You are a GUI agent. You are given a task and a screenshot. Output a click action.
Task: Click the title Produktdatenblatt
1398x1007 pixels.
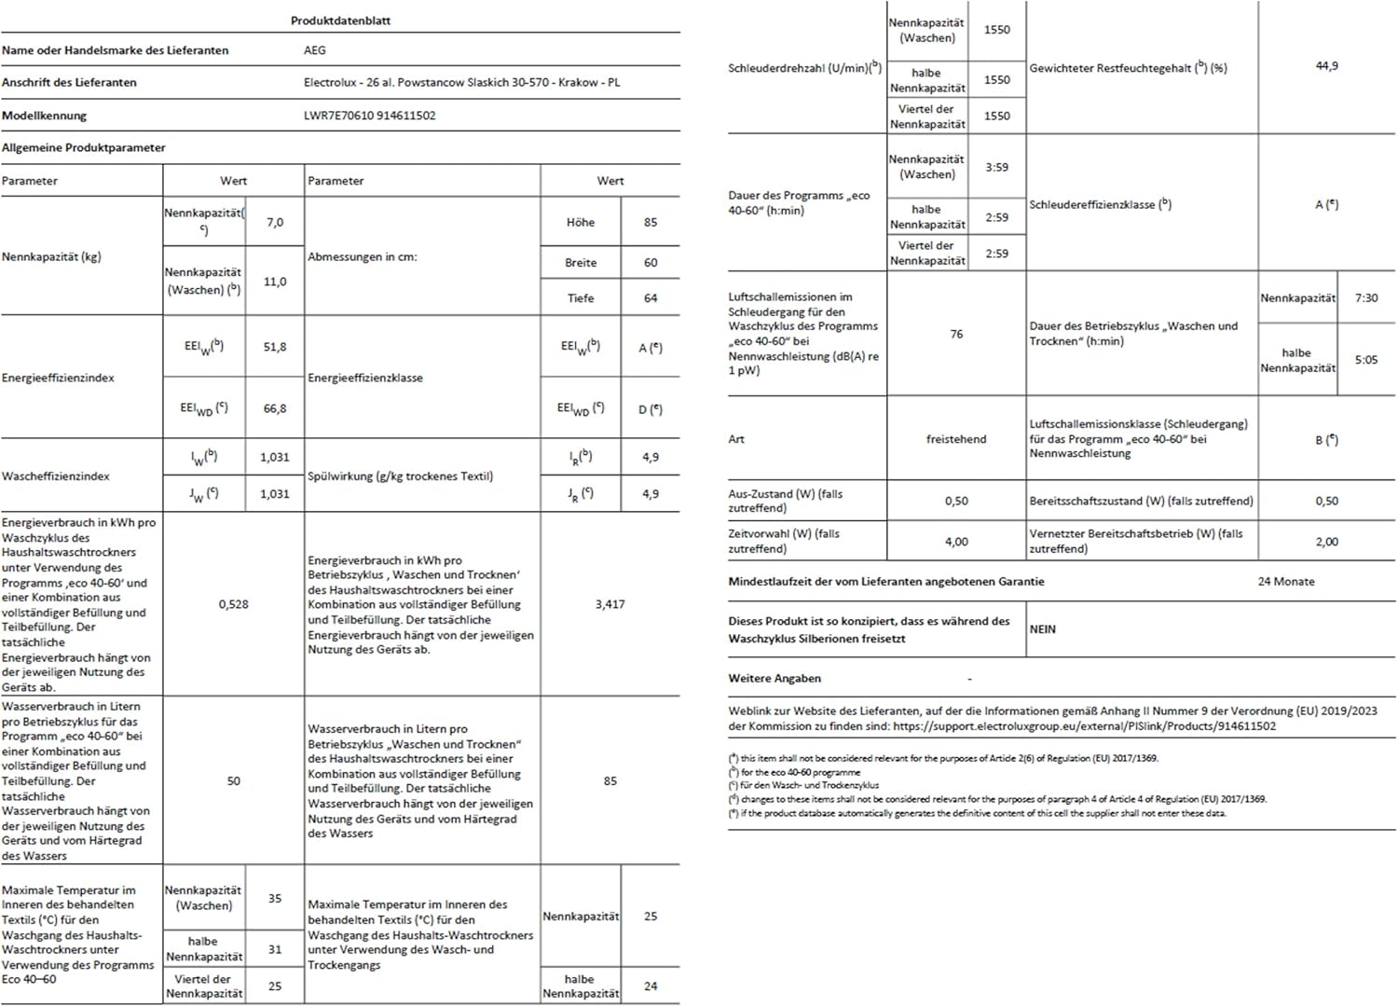(340, 21)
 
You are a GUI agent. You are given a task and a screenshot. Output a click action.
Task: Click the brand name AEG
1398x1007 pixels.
(315, 50)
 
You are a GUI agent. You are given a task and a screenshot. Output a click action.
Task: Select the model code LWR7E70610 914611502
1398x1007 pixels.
(369, 116)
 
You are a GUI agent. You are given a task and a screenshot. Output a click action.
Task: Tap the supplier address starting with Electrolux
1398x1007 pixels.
(461, 82)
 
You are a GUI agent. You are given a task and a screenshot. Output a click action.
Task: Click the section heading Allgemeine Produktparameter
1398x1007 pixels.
(84, 147)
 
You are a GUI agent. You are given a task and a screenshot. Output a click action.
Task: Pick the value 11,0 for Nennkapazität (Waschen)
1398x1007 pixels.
(275, 282)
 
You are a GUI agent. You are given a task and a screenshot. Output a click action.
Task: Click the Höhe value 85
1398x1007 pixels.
(651, 222)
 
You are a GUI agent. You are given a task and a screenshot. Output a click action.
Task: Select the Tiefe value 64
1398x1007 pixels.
(651, 298)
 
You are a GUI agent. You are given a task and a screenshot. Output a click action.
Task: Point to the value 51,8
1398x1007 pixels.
(275, 347)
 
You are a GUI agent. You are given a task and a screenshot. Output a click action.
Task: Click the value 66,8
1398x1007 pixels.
(275, 408)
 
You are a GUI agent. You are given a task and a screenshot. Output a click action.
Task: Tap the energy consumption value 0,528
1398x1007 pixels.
(234, 604)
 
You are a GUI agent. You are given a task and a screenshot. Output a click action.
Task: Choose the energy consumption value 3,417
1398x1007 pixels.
(610, 604)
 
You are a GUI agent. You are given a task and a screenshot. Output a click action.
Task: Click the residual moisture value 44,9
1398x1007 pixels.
(1326, 66)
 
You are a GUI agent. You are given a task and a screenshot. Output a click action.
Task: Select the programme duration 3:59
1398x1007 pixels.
(997, 168)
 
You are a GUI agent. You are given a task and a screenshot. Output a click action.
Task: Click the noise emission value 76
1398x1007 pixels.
(956, 334)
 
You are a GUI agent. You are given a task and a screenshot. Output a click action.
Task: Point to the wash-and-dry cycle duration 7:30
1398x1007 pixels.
(1366, 298)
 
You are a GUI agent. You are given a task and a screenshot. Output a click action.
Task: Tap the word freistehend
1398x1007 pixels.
(956, 439)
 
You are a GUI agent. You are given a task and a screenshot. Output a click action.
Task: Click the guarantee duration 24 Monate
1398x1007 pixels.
(1286, 582)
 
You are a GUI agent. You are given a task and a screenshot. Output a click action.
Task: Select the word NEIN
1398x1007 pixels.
(1043, 629)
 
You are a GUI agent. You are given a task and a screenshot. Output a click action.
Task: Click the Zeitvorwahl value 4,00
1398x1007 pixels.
(956, 542)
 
